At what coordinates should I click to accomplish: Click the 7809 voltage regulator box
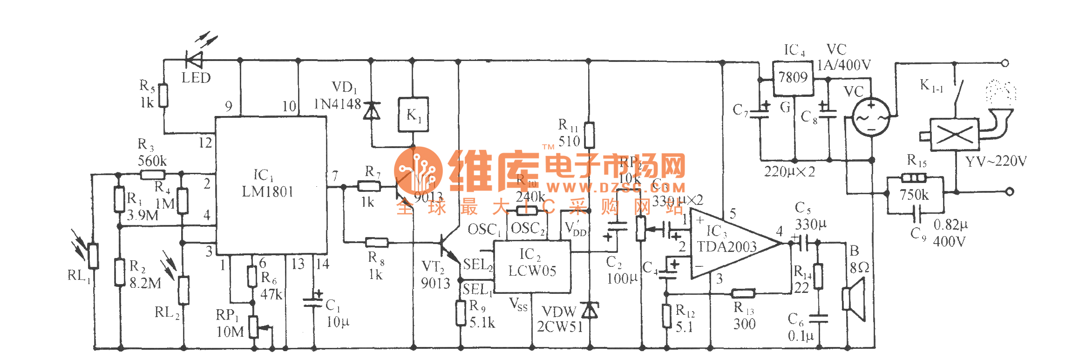(x=793, y=78)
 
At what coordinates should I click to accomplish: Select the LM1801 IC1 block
(x=271, y=185)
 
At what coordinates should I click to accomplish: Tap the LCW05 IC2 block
(x=532, y=266)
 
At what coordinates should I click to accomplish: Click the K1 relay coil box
(x=413, y=115)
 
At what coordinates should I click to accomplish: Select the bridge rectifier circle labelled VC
(x=871, y=116)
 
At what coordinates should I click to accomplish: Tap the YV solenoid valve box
(x=954, y=135)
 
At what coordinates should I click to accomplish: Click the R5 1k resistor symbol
(x=163, y=95)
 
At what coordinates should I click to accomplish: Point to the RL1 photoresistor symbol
(x=94, y=256)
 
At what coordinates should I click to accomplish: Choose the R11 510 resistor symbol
(x=589, y=135)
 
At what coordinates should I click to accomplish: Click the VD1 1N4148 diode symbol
(x=371, y=111)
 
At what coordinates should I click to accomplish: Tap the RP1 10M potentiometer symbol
(x=254, y=326)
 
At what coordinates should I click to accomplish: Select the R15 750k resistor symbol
(x=914, y=178)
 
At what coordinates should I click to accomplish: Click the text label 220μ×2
(x=789, y=172)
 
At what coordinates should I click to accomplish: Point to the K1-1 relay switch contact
(x=958, y=91)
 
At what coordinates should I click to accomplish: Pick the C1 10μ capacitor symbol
(x=313, y=302)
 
